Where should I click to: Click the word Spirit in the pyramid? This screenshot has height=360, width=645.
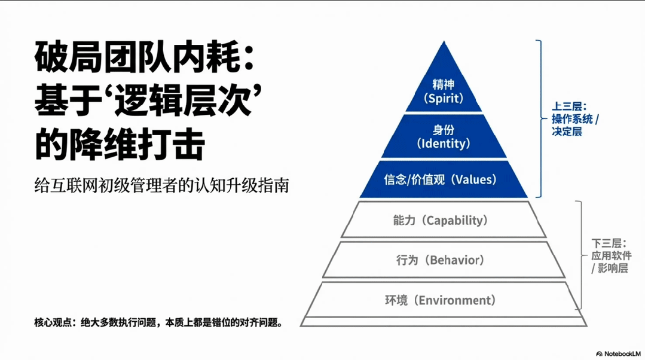[443, 99]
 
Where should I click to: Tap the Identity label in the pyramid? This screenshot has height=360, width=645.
[443, 144]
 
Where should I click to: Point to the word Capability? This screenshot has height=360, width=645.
[455, 220]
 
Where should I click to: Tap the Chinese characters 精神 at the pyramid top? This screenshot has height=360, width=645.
[443, 84]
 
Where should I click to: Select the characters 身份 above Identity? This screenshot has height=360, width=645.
[443, 129]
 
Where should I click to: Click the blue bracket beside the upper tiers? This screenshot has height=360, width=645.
[540, 118]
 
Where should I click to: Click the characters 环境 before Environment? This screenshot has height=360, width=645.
[396, 300]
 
